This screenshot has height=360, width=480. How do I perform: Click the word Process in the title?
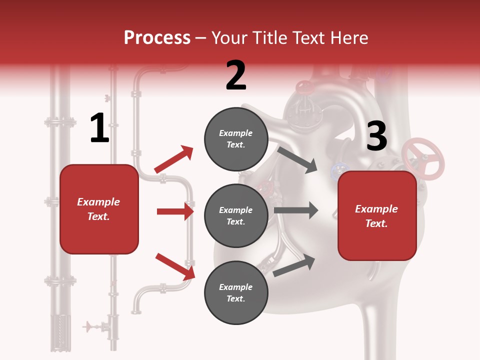[x=157, y=38]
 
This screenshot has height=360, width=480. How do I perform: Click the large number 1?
[x=99, y=128]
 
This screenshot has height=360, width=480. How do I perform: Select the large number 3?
[x=376, y=136]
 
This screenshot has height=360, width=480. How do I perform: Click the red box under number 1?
[x=99, y=209]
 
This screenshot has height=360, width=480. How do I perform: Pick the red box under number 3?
[x=376, y=216]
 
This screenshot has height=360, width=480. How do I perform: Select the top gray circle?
[x=236, y=139]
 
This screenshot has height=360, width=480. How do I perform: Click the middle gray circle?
[x=236, y=216]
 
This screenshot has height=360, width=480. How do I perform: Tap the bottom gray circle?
[x=236, y=293]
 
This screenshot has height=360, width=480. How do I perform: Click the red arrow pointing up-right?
[x=173, y=159]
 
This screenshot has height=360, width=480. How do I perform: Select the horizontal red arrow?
[x=175, y=211]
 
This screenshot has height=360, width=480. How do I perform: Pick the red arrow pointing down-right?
[x=175, y=266]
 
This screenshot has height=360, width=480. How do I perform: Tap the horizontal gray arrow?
[x=295, y=210]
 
